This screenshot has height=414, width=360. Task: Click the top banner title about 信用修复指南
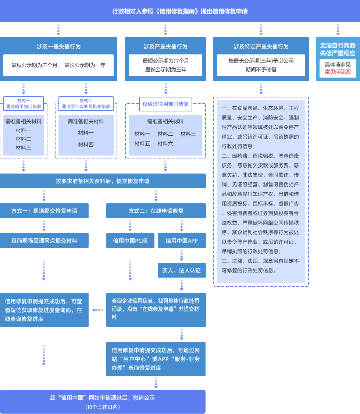click(x=180, y=11)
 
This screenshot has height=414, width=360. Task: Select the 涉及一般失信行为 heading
click(x=58, y=47)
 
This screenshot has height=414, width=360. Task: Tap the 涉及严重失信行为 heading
click(x=165, y=47)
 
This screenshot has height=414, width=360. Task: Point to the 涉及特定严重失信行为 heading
click(x=261, y=47)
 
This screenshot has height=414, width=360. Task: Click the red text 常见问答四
click(x=338, y=72)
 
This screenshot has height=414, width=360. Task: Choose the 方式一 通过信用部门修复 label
click(x=24, y=104)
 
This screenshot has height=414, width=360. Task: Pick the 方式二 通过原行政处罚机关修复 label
click(x=86, y=104)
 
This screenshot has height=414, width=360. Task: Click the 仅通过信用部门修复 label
click(x=165, y=104)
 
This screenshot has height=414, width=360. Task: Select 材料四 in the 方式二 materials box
click(x=86, y=145)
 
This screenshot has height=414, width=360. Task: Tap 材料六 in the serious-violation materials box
click(x=165, y=144)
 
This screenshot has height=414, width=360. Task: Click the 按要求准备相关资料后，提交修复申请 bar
click(x=103, y=181)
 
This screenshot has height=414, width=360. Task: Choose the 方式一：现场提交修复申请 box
click(x=44, y=211)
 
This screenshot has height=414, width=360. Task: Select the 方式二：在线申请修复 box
click(x=156, y=211)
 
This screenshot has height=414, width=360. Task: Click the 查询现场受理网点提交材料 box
click(x=44, y=240)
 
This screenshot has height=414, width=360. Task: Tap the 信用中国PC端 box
click(x=130, y=240)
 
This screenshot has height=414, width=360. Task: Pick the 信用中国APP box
click(x=182, y=240)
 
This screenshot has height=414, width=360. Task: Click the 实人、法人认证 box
click(x=182, y=270)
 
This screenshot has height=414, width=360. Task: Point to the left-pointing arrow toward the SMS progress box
click(x=97, y=310)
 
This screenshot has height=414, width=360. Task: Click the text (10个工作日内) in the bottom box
click(x=103, y=407)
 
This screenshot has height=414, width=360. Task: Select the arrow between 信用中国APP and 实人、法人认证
click(x=182, y=255)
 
